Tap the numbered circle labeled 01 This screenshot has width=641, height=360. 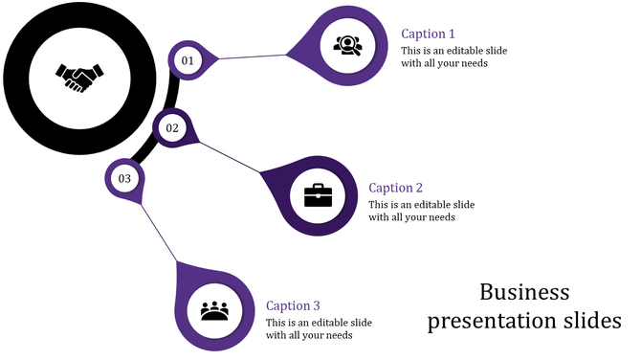(188, 60)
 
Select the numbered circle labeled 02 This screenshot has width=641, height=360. (172, 127)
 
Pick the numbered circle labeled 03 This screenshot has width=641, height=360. (124, 178)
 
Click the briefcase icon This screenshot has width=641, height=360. (318, 195)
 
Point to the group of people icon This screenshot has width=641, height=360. (216, 311)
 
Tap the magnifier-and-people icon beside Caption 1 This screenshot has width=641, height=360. (346, 44)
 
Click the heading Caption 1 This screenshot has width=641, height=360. (428, 34)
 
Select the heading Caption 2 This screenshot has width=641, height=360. (395, 188)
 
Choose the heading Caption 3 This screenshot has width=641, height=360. (293, 305)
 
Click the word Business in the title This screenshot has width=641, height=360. (524, 291)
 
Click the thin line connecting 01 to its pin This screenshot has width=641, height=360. (254, 57)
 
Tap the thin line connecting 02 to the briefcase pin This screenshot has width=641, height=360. (230, 158)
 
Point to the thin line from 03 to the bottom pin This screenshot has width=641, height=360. (158, 231)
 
